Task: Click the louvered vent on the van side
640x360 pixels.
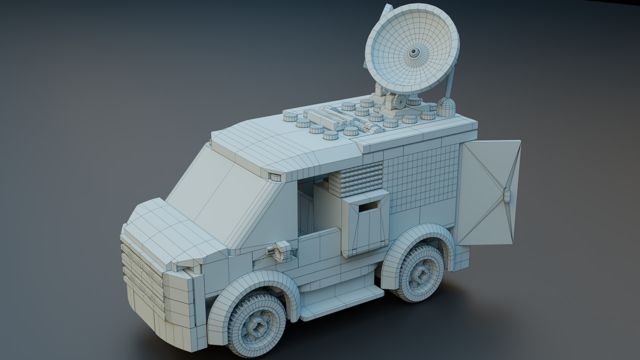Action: pyautogui.click(x=362, y=180)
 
